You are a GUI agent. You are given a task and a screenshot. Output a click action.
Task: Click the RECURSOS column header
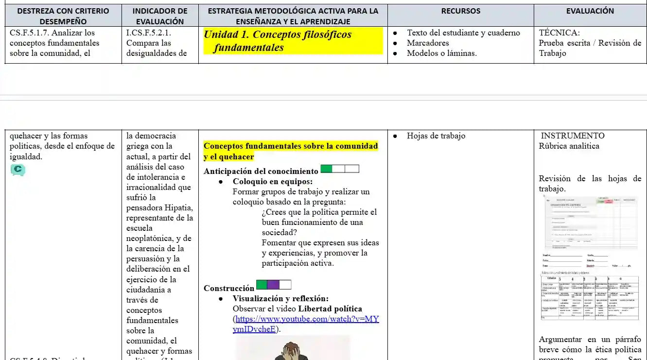pos(460,11)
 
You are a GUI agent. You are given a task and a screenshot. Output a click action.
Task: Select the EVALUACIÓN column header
pos(590,11)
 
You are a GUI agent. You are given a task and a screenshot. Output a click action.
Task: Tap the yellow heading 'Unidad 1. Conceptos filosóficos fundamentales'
pos(278,41)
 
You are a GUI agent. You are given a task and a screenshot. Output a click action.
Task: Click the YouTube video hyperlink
pos(306,324)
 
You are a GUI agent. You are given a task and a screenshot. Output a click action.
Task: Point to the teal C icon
pos(17,170)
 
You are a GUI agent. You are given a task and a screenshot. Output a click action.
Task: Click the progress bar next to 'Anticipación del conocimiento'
pos(340,169)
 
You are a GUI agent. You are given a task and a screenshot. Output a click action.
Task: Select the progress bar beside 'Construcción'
pos(274,285)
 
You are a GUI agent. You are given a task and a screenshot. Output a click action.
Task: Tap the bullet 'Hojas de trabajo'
pos(436,136)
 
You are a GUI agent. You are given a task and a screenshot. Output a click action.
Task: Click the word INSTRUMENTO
pos(573,136)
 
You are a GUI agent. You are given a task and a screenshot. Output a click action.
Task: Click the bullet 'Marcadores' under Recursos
pos(428,43)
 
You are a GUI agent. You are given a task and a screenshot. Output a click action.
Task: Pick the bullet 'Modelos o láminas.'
pos(441,53)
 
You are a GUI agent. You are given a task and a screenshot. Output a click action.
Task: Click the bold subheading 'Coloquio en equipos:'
pos(272,182)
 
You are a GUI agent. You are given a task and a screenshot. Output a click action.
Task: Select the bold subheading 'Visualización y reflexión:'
pos(280,299)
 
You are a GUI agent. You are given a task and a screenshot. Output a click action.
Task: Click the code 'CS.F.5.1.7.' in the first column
pos(31,33)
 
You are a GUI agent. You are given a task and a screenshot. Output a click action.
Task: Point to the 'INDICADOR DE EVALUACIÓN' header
pos(160,16)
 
